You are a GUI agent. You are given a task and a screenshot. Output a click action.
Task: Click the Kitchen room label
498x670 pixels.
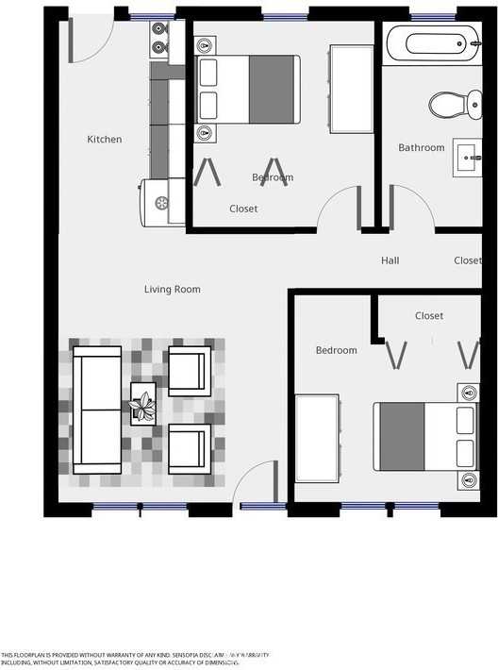coord(105,140)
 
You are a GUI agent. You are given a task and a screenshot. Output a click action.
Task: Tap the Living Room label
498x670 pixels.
coord(172,289)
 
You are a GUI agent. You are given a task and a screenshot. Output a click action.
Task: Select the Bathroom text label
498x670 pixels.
coord(421,147)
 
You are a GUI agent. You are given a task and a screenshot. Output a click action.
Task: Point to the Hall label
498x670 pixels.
coord(390,260)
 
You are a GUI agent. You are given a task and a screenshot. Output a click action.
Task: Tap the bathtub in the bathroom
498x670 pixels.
coord(434,42)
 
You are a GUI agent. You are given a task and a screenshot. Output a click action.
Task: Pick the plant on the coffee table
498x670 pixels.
coord(143,406)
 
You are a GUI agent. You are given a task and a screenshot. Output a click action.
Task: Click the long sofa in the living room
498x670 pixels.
coord(98,410)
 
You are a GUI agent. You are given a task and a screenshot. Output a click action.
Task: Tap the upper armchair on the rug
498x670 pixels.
coord(189,371)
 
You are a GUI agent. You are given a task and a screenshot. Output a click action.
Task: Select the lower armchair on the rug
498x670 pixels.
coord(189,447)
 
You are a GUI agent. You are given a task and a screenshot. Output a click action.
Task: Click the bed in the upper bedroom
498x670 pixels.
coord(248,89)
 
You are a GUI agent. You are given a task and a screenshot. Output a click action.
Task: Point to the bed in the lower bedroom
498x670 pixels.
coord(425,436)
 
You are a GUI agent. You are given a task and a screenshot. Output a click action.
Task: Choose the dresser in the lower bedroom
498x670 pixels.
coord(317,438)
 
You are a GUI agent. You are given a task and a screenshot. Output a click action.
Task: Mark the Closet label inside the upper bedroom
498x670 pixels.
coord(243,209)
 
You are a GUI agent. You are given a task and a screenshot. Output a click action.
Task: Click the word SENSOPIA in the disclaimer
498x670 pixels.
coord(177,654)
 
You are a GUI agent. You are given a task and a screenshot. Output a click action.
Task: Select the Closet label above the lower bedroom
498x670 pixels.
coord(429,316)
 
